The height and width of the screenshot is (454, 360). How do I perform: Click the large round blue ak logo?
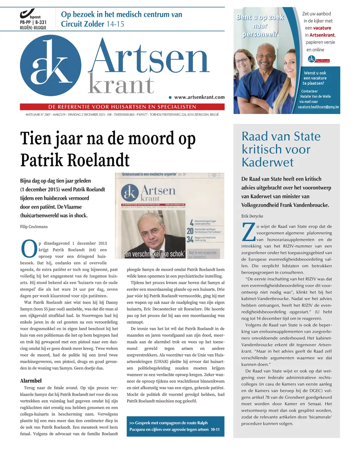coord(51,65)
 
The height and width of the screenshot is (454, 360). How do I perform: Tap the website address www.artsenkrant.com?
coord(199,97)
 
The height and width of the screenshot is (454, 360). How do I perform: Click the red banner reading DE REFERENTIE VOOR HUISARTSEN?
coord(122,107)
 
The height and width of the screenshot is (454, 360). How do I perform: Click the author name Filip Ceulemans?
coord(34,227)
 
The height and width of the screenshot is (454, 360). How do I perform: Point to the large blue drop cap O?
coord(29,249)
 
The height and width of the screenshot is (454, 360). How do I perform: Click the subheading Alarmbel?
coord(31,381)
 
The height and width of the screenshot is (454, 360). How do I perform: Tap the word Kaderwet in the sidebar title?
coord(267,162)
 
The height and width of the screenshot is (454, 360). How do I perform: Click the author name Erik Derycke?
coord(252,216)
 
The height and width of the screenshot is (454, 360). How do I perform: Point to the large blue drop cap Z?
coord(248,233)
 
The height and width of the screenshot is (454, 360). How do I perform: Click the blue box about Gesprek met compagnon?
coord(175,426)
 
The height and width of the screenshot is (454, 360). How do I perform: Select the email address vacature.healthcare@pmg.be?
coord(318,107)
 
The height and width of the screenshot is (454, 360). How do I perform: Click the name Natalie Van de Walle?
coord(315,96)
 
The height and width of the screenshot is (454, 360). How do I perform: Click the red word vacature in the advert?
coord(322,28)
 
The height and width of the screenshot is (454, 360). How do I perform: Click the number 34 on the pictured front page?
coord(190,239)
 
